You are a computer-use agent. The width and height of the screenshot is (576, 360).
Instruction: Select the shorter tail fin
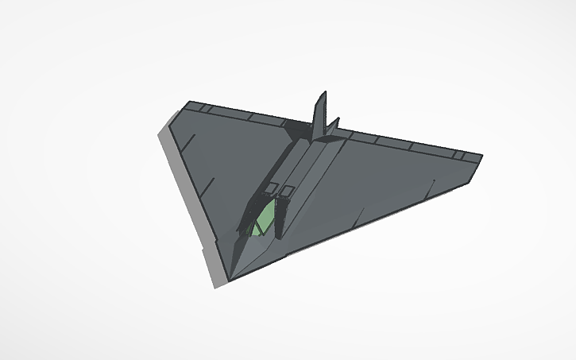(x=334, y=127)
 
